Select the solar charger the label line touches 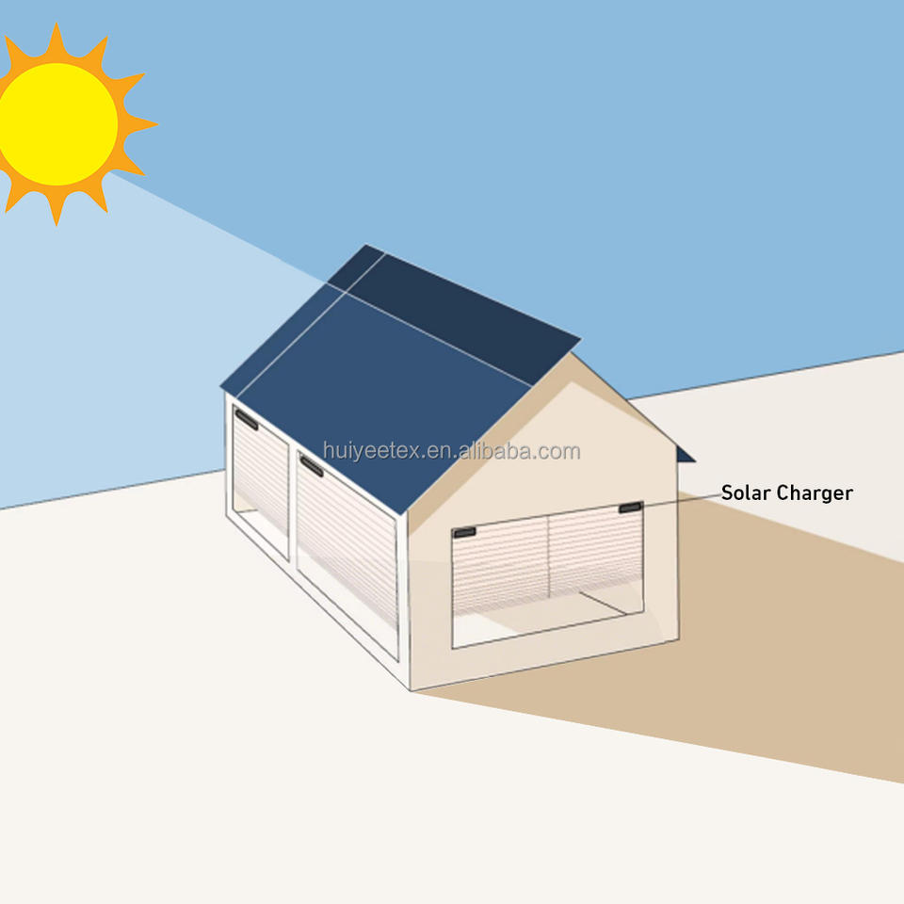coord(630,508)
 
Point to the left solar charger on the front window coord(464,533)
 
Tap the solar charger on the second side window coord(312,466)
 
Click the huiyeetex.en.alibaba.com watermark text coord(451,451)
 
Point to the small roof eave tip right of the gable coord(686,456)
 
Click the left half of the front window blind coord(499,565)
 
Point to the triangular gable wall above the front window coord(565,443)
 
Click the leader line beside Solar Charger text coord(678,500)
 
